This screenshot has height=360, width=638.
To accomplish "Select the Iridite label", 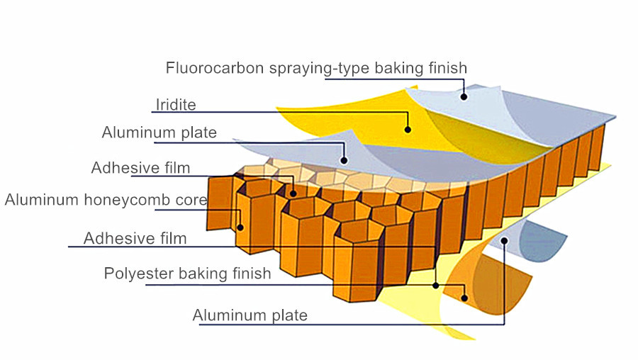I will click(x=175, y=106).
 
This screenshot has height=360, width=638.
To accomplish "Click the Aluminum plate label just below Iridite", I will click(x=159, y=133).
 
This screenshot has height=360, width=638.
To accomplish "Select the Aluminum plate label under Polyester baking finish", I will click(x=250, y=315).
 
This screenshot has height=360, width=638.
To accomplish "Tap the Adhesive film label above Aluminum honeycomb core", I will click(x=140, y=168).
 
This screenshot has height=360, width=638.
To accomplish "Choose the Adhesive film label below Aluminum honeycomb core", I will click(x=135, y=238).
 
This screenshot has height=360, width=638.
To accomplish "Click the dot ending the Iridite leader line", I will click(x=408, y=130).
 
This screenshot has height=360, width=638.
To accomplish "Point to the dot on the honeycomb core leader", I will click(x=240, y=227).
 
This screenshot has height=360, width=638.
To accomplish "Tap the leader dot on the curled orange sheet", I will click(x=465, y=298).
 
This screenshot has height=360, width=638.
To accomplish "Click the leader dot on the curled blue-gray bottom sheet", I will click(x=504, y=241).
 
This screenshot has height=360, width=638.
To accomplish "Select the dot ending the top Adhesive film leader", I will click(x=293, y=192).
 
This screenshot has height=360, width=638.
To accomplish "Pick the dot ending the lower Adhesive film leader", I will click(x=435, y=285).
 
